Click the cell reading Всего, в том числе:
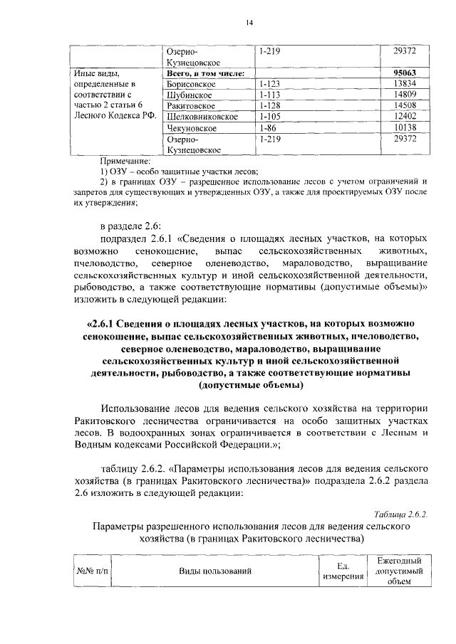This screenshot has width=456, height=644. tap(205, 73)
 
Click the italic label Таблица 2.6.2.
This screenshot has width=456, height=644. tap(400, 514)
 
